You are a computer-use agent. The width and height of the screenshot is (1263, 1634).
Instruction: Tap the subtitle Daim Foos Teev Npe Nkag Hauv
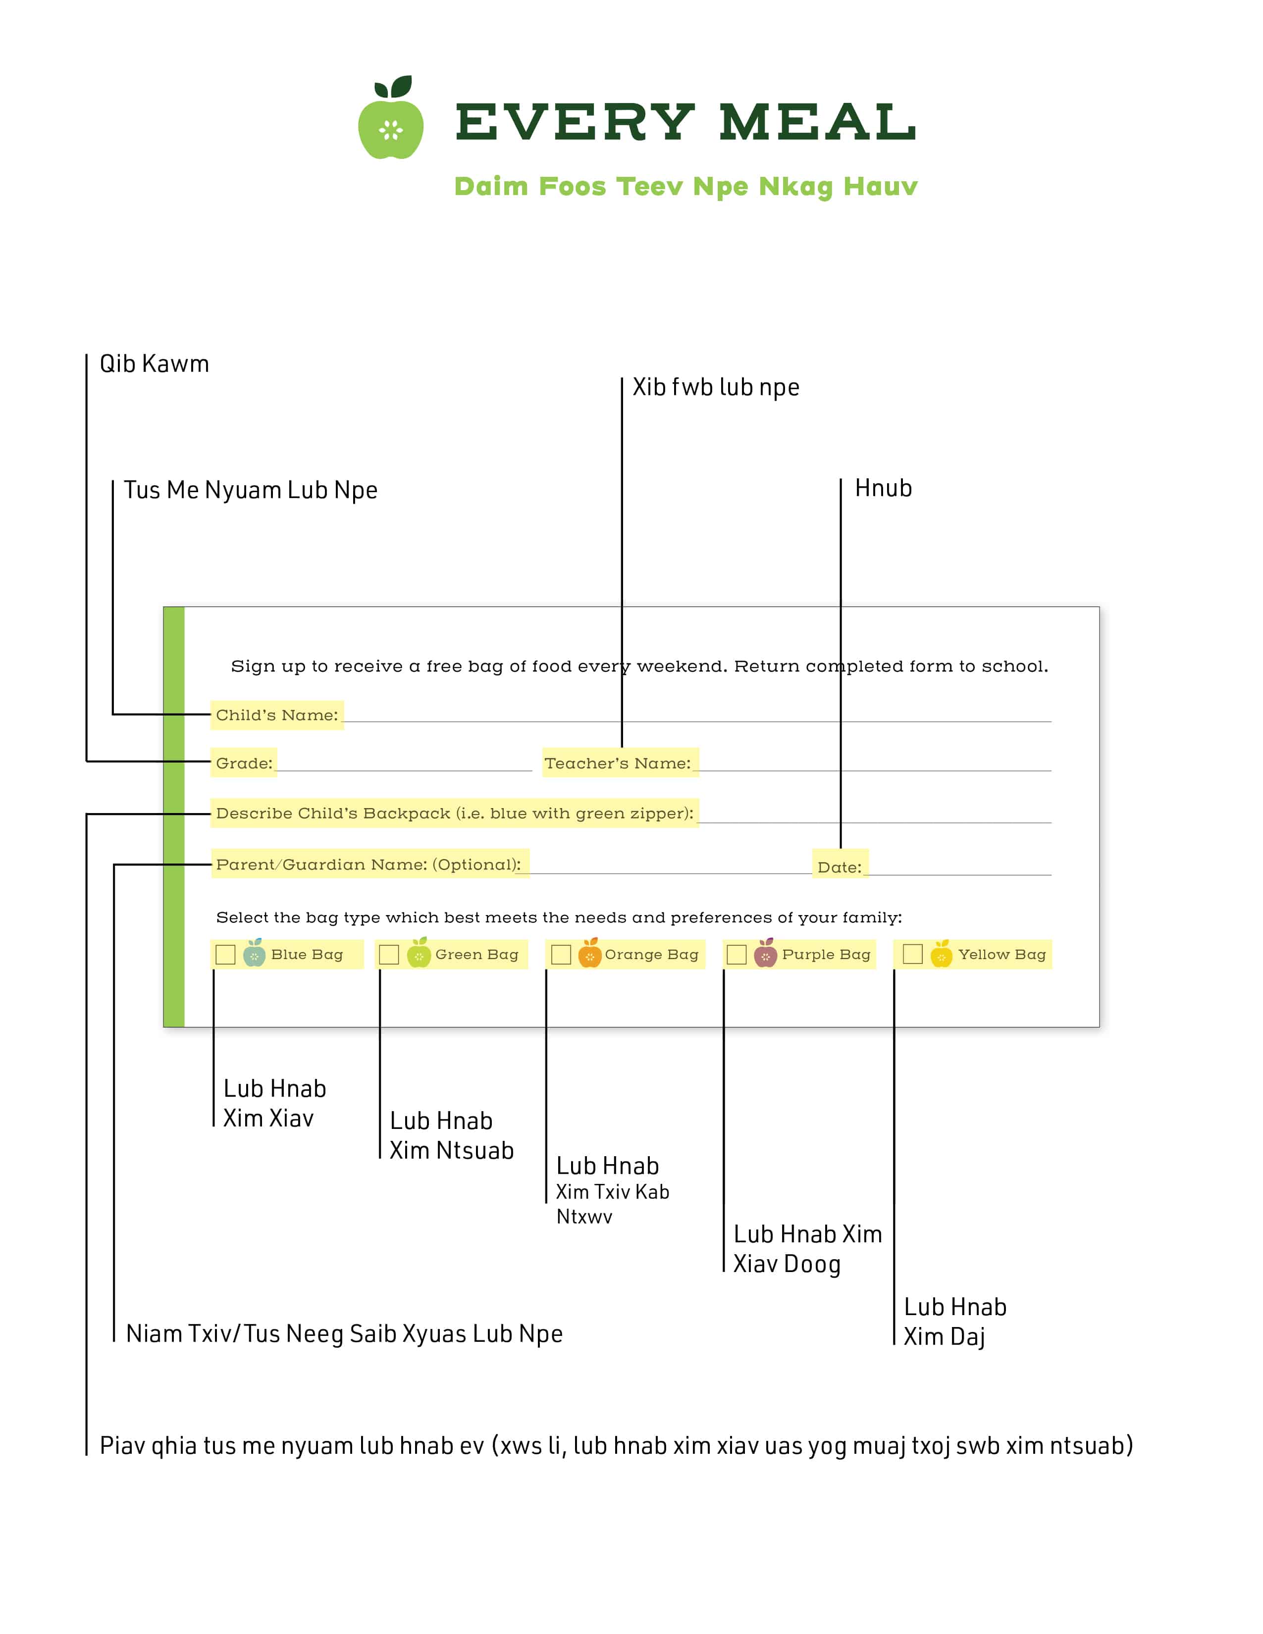click(x=685, y=186)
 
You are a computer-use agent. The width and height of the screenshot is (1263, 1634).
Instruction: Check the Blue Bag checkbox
click(x=225, y=955)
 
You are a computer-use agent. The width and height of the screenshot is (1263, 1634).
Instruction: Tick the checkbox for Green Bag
click(x=389, y=955)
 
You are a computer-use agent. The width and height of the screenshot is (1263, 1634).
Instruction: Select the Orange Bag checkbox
click(x=561, y=955)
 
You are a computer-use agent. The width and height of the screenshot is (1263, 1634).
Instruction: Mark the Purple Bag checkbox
click(x=737, y=955)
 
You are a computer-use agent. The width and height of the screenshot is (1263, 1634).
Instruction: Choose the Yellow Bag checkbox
click(x=913, y=954)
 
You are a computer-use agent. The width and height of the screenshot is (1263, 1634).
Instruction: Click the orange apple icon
click(x=589, y=953)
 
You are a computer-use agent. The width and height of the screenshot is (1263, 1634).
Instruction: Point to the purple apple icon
click(x=765, y=953)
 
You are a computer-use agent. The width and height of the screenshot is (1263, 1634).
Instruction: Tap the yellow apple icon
click(x=941, y=953)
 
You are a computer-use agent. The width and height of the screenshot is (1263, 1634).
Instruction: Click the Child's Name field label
click(x=277, y=715)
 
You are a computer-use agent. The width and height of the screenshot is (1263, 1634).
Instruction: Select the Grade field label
click(x=244, y=763)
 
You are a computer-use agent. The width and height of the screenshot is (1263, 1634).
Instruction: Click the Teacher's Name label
click(x=618, y=763)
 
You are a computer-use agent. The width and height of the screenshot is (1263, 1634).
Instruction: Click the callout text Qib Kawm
click(x=154, y=363)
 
